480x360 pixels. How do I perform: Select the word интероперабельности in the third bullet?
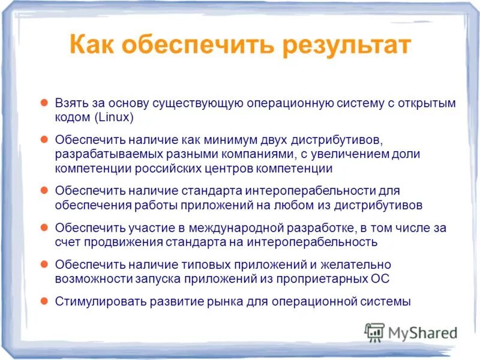(292, 191)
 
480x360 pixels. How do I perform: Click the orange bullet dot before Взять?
(44, 103)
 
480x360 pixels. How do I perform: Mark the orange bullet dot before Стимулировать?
(44, 301)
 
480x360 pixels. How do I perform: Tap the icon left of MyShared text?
(374, 332)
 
